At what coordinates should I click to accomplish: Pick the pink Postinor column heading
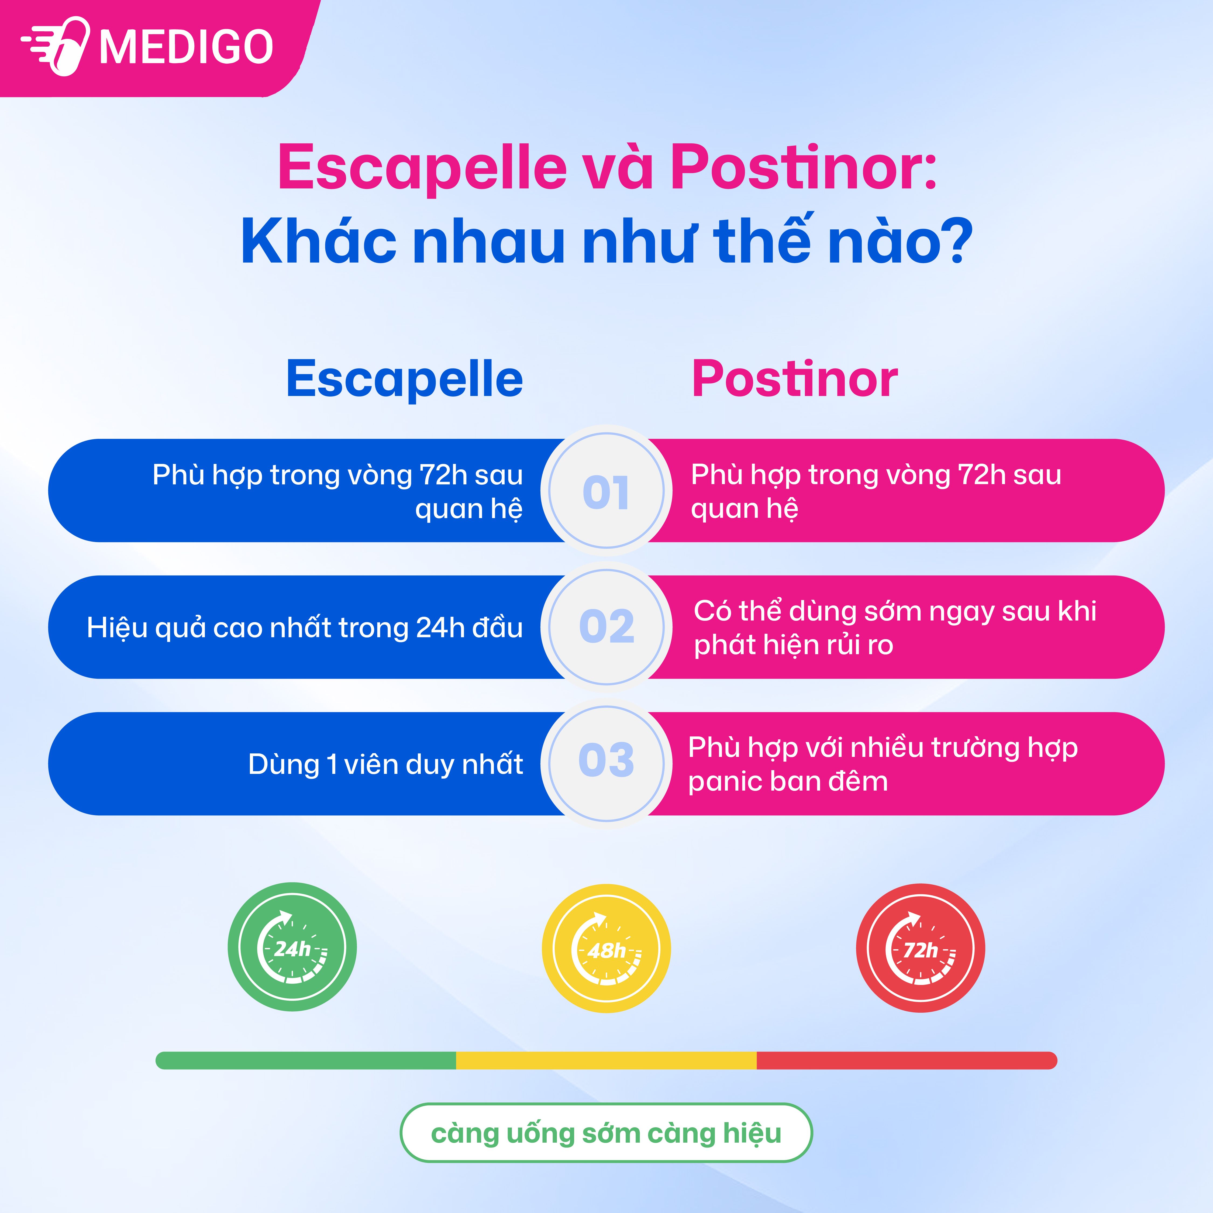pyautogui.click(x=795, y=379)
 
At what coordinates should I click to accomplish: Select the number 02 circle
pyautogui.click(x=606, y=627)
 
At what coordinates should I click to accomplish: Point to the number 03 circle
pyautogui.click(x=606, y=763)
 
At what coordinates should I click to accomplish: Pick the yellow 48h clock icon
pyautogui.click(x=606, y=949)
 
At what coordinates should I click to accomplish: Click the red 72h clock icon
pyautogui.click(x=921, y=949)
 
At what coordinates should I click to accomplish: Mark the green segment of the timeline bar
pyautogui.click(x=306, y=1060)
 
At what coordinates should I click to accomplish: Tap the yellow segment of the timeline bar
pyautogui.click(x=606, y=1060)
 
